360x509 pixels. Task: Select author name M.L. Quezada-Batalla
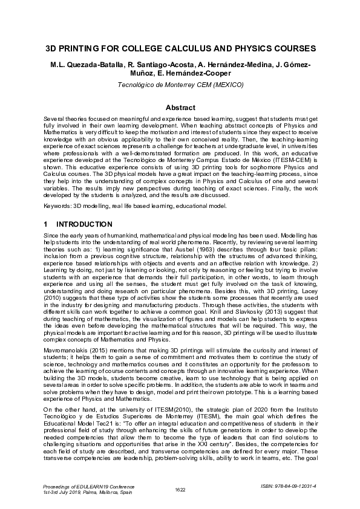click(85, 65)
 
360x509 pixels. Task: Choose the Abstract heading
click(180, 108)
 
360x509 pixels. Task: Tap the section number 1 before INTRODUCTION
click(47, 224)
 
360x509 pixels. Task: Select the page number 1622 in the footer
click(180, 488)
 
